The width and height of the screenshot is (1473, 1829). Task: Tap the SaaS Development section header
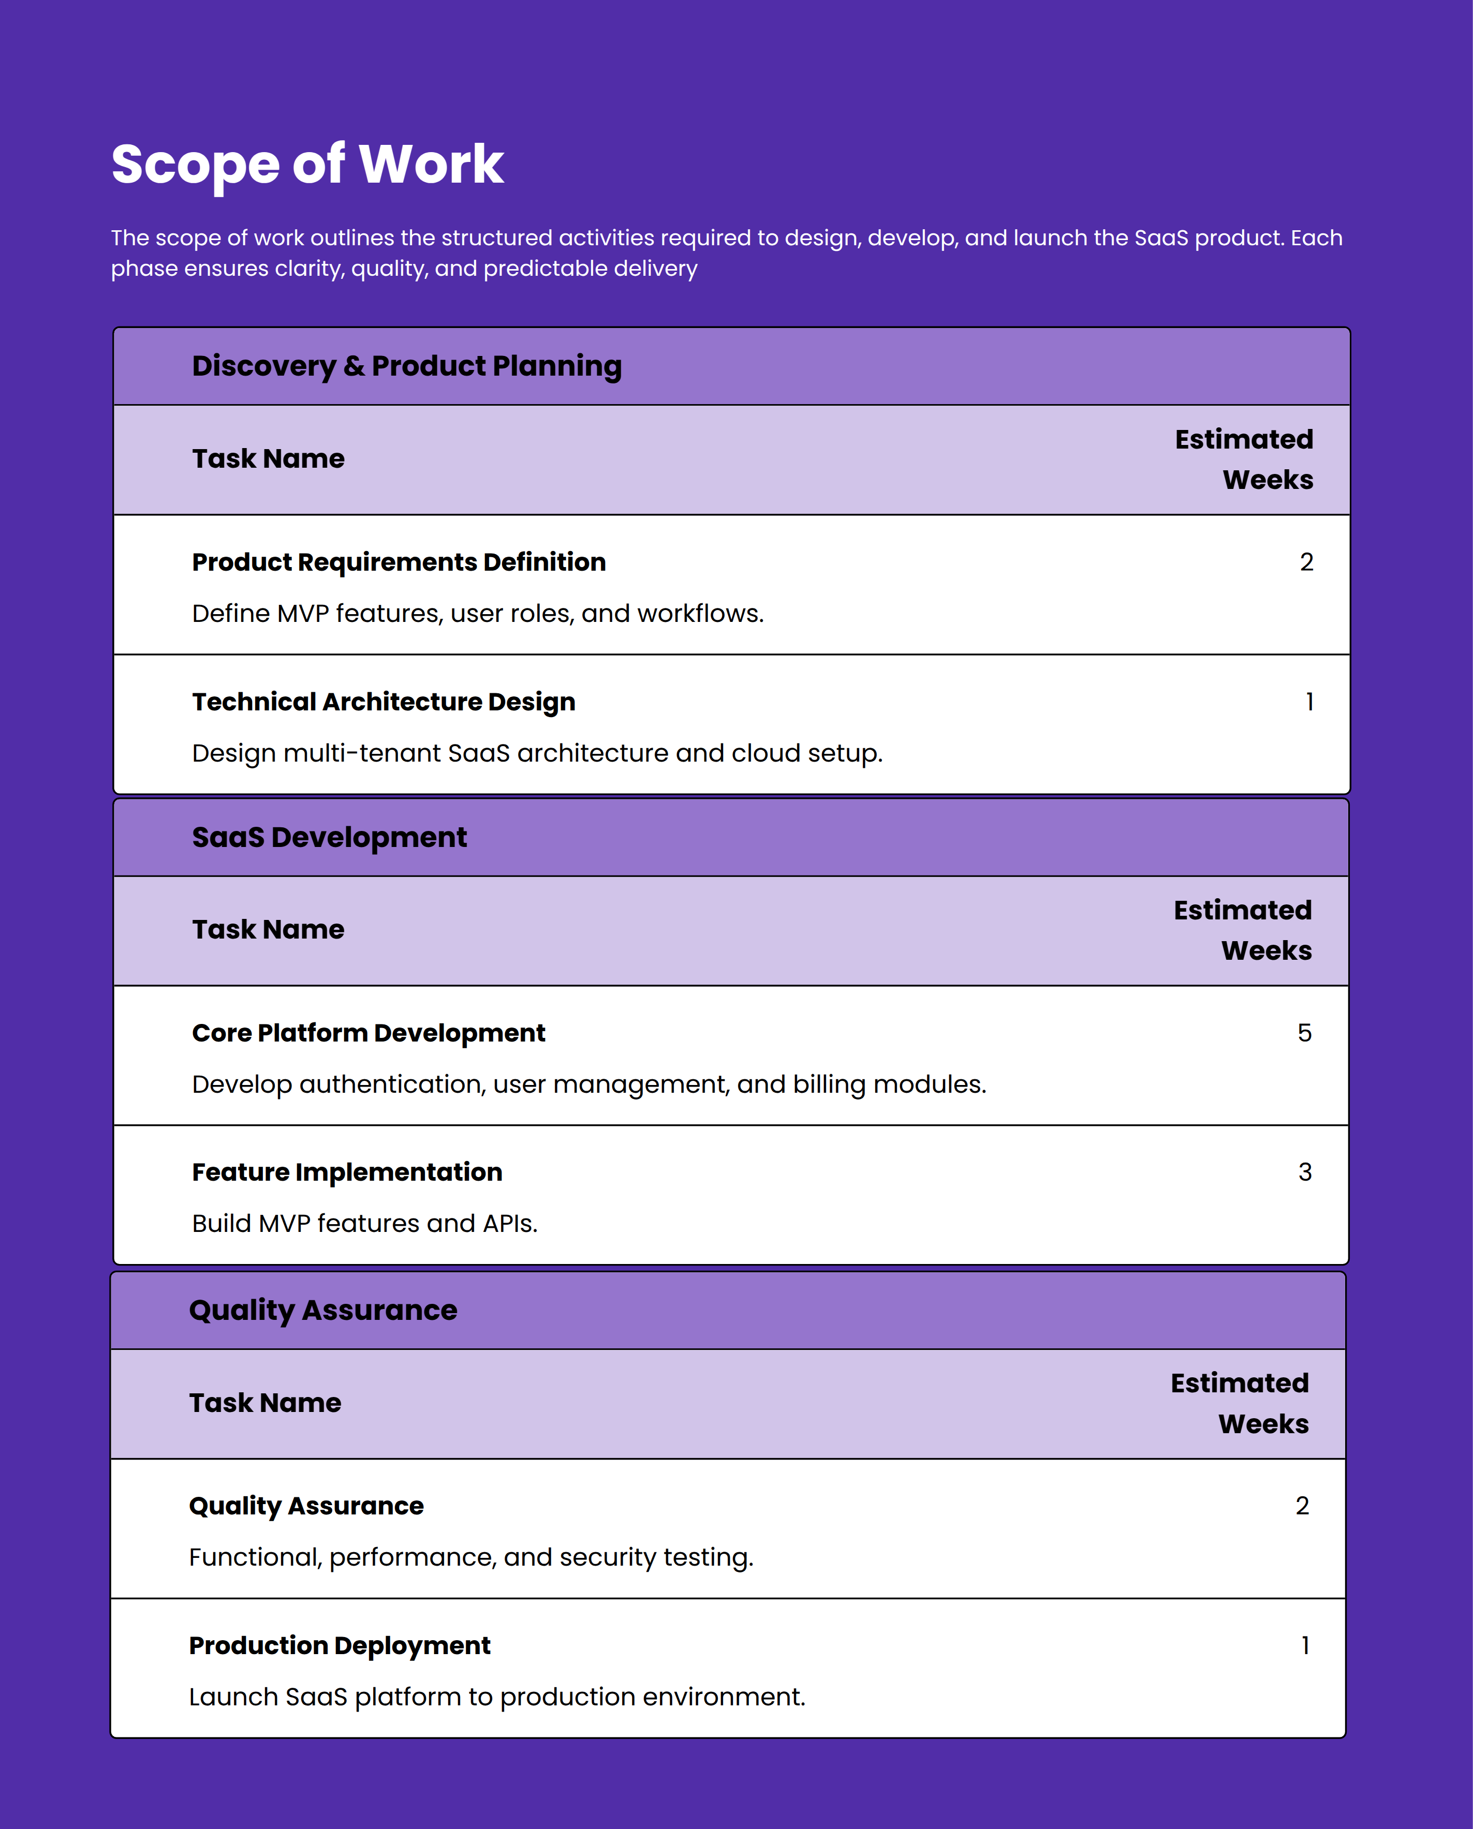point(329,837)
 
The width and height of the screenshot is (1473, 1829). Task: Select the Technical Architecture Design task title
point(384,702)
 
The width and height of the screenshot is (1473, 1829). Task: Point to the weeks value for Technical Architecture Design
point(1309,702)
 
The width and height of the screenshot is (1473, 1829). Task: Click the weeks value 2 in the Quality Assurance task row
point(1302,1505)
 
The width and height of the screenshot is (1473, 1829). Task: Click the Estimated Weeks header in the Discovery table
point(1244,459)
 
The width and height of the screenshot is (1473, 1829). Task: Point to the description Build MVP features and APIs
point(365,1223)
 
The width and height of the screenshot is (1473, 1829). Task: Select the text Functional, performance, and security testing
point(471,1557)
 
